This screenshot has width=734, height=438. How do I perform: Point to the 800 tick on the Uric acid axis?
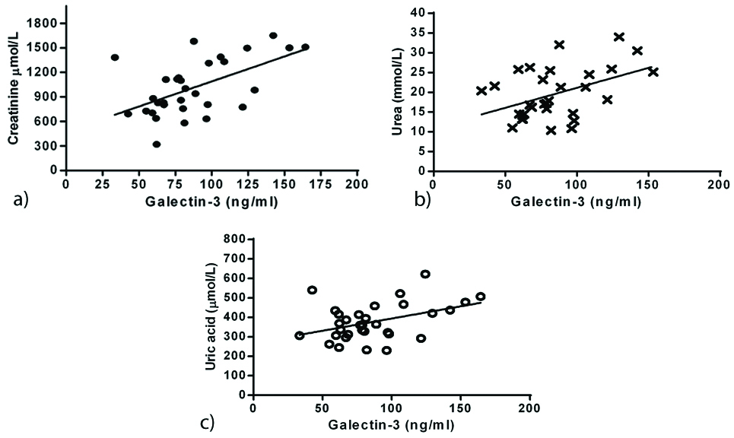[x=234, y=239]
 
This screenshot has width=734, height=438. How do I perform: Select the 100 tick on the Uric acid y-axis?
[x=234, y=375]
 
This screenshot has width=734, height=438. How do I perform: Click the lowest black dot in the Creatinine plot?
[x=156, y=144]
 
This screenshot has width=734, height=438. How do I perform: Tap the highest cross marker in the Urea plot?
[x=618, y=36]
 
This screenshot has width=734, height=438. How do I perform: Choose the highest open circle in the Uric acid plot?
[x=425, y=274]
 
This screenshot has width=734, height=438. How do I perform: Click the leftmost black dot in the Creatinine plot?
[x=115, y=57]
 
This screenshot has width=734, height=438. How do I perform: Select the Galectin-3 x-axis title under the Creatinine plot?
[x=211, y=201]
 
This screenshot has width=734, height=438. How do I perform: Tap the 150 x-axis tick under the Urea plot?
[x=648, y=183]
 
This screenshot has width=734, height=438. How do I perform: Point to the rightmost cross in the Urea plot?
[x=653, y=71]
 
